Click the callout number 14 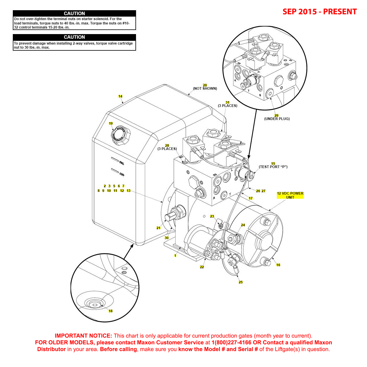120,96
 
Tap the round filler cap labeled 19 119,135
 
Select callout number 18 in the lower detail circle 110,311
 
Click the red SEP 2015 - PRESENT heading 320,12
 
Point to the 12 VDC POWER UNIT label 290,195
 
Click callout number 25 241,282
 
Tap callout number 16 278,265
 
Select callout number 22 202,267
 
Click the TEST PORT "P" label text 273,167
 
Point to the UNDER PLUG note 277,119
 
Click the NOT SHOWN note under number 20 205,89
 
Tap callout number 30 167,238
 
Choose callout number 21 158,228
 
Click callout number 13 128,191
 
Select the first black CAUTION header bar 74,13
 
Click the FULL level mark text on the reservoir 121,163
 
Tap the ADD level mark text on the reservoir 122,174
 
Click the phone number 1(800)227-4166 231,343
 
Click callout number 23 212,216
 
